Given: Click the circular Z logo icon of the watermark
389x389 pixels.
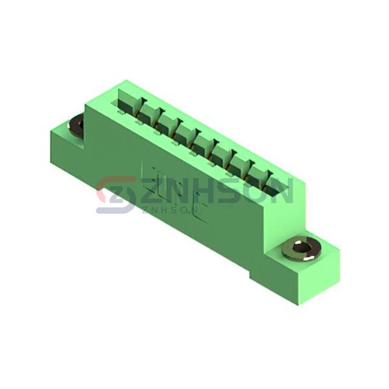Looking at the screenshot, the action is point(116,194).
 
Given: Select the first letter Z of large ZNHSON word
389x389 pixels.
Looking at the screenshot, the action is point(151,191).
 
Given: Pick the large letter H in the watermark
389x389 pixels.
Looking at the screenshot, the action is point(207,191).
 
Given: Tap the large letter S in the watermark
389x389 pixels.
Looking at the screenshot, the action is point(232,191).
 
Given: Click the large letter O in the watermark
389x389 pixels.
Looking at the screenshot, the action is point(255,191).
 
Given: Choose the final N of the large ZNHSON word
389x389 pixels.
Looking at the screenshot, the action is point(281,191).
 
